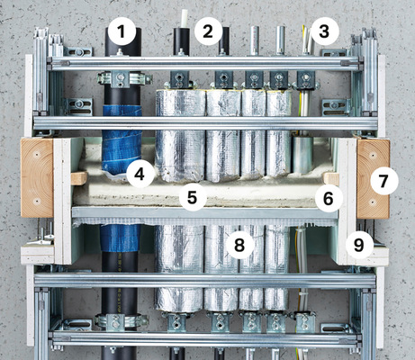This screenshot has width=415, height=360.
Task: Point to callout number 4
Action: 140,172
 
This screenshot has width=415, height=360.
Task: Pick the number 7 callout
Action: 383,181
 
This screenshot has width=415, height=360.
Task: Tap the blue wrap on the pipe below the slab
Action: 121,238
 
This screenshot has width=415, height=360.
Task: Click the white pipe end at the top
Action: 186,18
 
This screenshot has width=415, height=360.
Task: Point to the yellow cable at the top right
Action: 311,39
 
